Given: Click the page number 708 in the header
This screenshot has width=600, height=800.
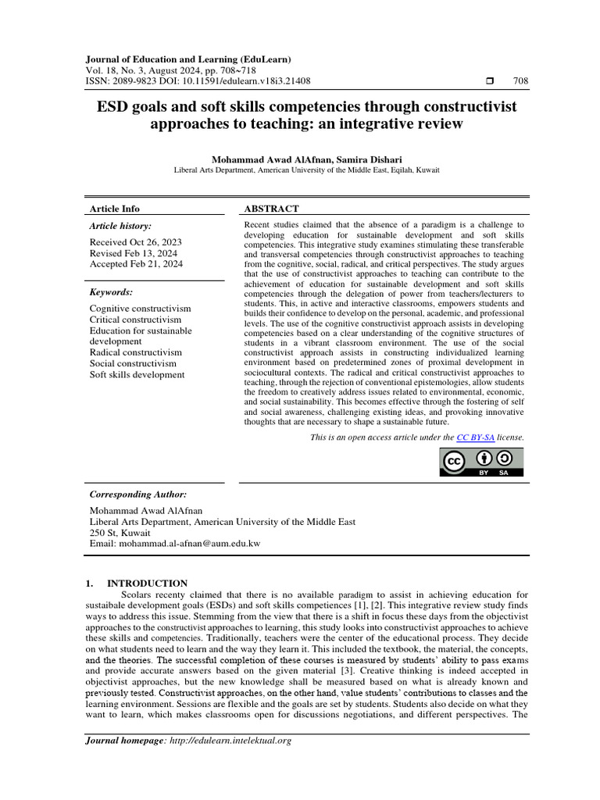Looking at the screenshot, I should pyautogui.click(x=520, y=81).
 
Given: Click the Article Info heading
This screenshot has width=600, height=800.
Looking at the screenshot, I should pyautogui.click(x=115, y=209).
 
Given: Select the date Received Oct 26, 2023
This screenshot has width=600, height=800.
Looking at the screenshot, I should pyautogui.click(x=136, y=242).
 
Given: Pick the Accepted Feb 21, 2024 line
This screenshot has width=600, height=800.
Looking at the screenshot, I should pyautogui.click(x=136, y=264).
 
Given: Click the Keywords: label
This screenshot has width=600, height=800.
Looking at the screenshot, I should pyautogui.click(x=111, y=292).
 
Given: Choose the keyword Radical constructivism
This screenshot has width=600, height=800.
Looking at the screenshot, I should pyautogui.click(x=136, y=352).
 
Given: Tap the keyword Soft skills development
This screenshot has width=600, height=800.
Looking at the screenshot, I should pyautogui.click(x=137, y=374).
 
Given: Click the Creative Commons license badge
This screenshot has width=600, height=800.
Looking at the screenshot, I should pyautogui.click(x=480, y=462).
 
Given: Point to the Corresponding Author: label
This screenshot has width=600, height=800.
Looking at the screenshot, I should pyautogui.click(x=138, y=495).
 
